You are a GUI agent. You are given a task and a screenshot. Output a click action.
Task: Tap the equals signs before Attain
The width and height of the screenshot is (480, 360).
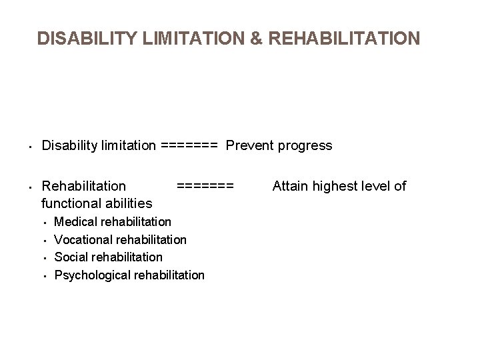coord(205,186)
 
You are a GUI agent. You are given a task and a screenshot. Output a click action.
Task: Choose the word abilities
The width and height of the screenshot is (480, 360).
coord(128,203)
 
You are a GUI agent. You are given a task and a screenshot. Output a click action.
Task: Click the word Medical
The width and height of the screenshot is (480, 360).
coord(75,221)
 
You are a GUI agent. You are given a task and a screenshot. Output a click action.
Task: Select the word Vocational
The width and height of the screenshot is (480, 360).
coord(82,239)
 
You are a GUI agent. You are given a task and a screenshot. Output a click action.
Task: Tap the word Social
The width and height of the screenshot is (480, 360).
coord(71,257)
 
